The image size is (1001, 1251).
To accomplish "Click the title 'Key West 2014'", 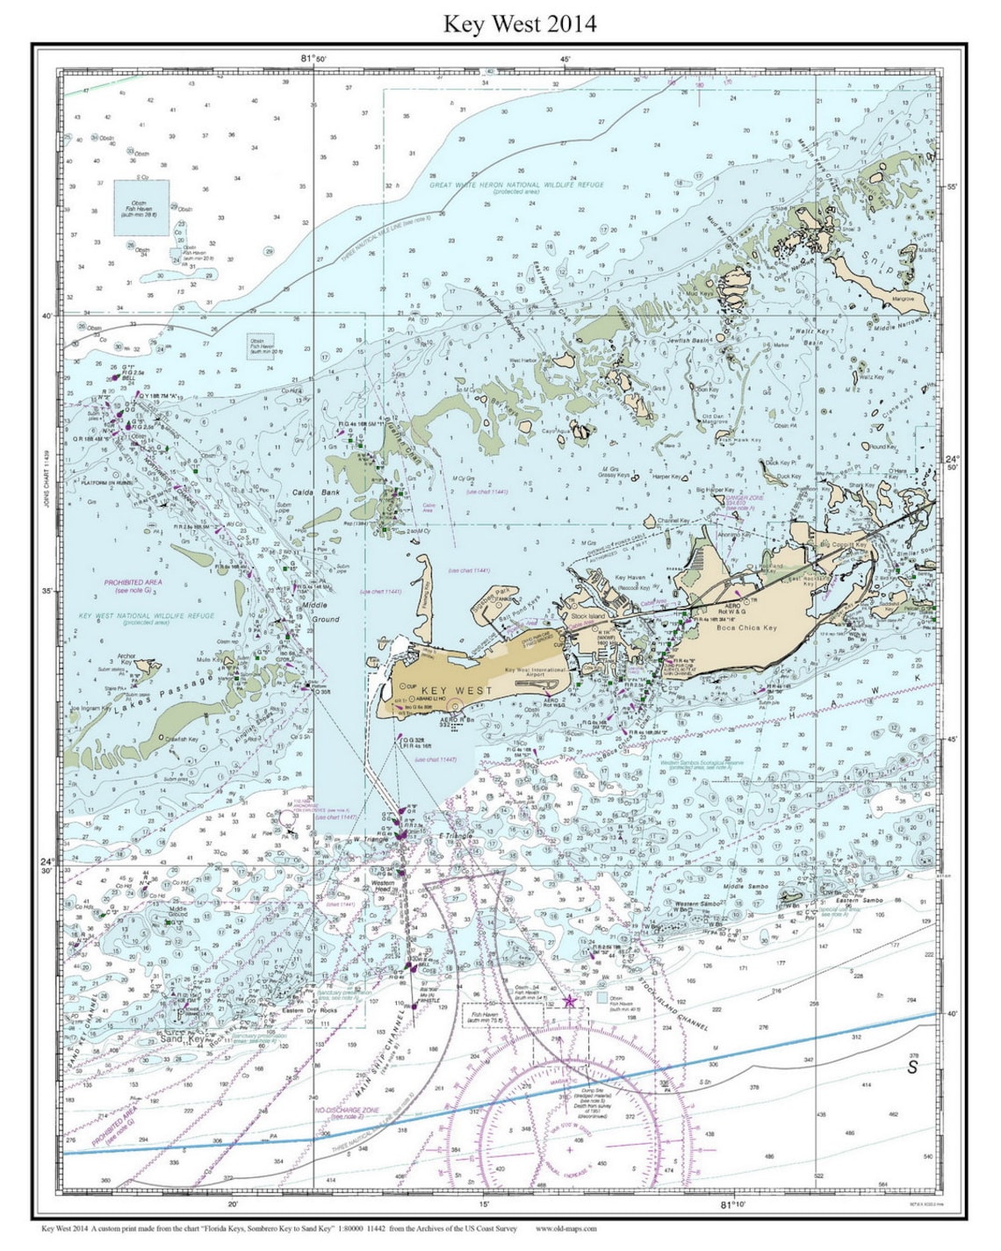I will (519, 24).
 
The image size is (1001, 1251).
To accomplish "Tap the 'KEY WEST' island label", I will (457, 691).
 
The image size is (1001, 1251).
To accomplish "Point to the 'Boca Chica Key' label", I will (746, 628).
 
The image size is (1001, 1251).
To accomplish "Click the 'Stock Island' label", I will (587, 616).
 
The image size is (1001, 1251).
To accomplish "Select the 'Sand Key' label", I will (183, 1039).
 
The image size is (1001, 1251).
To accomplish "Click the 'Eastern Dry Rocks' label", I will (305, 1010).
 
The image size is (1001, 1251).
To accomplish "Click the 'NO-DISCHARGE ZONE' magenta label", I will (347, 1111).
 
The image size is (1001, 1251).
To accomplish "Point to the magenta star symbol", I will (569, 1001).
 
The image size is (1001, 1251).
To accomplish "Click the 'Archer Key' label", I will (126, 658).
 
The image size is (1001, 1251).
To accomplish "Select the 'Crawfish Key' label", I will (181, 739).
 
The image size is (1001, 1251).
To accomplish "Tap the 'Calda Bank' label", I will (315, 492).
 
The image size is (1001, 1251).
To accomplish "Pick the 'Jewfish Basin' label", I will (688, 341).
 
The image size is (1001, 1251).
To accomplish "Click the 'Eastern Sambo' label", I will (859, 900).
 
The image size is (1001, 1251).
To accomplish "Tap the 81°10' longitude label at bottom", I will (734, 1204).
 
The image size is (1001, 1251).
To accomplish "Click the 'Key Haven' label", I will (630, 578).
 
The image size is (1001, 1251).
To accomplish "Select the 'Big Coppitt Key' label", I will (843, 545).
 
